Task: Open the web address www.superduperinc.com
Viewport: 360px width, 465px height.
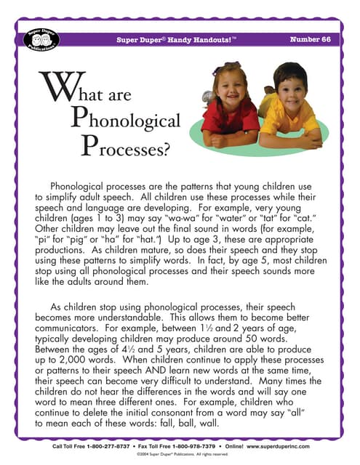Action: click(x=297, y=446)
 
